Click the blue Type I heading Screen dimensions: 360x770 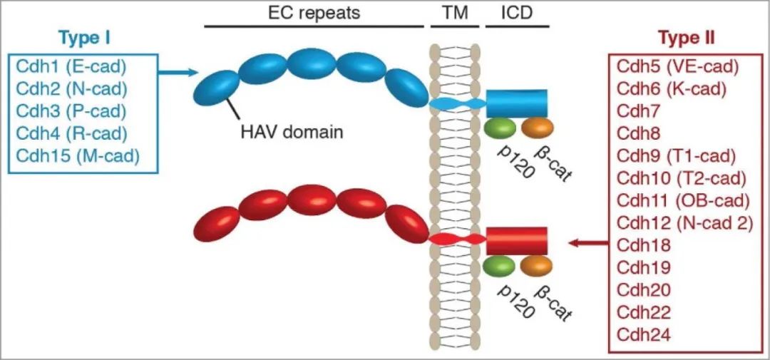click(x=84, y=37)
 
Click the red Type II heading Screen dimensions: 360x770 click(x=686, y=37)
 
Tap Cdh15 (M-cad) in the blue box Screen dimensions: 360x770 click(x=78, y=155)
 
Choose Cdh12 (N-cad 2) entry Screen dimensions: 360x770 click(x=684, y=222)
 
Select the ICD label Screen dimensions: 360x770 click(x=517, y=12)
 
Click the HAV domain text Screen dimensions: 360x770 click(x=292, y=133)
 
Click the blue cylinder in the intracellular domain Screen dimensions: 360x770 click(x=516, y=103)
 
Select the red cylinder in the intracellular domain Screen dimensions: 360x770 click(x=516, y=241)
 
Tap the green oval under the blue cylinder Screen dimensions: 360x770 click(x=499, y=128)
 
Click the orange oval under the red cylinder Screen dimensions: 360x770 click(x=536, y=266)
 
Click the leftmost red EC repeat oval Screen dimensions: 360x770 click(x=217, y=222)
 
